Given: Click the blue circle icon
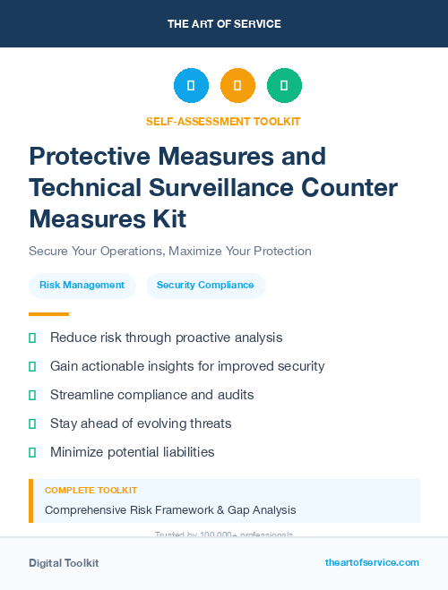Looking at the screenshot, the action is click(x=191, y=86).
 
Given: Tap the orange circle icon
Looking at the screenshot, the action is click(x=237, y=86).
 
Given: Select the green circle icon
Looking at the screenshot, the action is click(x=284, y=86).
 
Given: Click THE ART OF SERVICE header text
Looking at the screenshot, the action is click(x=224, y=24).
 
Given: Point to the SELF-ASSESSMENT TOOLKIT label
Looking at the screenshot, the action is click(x=223, y=122).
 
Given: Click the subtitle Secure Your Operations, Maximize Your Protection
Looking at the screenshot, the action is click(x=170, y=251).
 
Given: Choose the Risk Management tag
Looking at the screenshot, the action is click(x=82, y=286).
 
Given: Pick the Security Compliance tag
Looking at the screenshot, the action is click(x=205, y=286).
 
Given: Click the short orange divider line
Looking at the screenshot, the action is click(x=48, y=314).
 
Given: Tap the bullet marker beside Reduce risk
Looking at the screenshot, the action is click(x=32, y=338).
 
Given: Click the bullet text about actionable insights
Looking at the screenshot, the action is click(x=187, y=366).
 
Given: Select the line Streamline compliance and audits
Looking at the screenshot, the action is click(x=152, y=395).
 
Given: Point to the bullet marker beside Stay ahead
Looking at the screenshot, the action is click(x=32, y=423).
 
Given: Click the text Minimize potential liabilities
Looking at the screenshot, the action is click(x=133, y=452).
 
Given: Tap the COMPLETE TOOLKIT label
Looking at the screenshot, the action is click(x=91, y=491).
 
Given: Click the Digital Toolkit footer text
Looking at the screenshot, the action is click(x=64, y=563).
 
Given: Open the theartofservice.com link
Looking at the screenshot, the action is click(x=372, y=562).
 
